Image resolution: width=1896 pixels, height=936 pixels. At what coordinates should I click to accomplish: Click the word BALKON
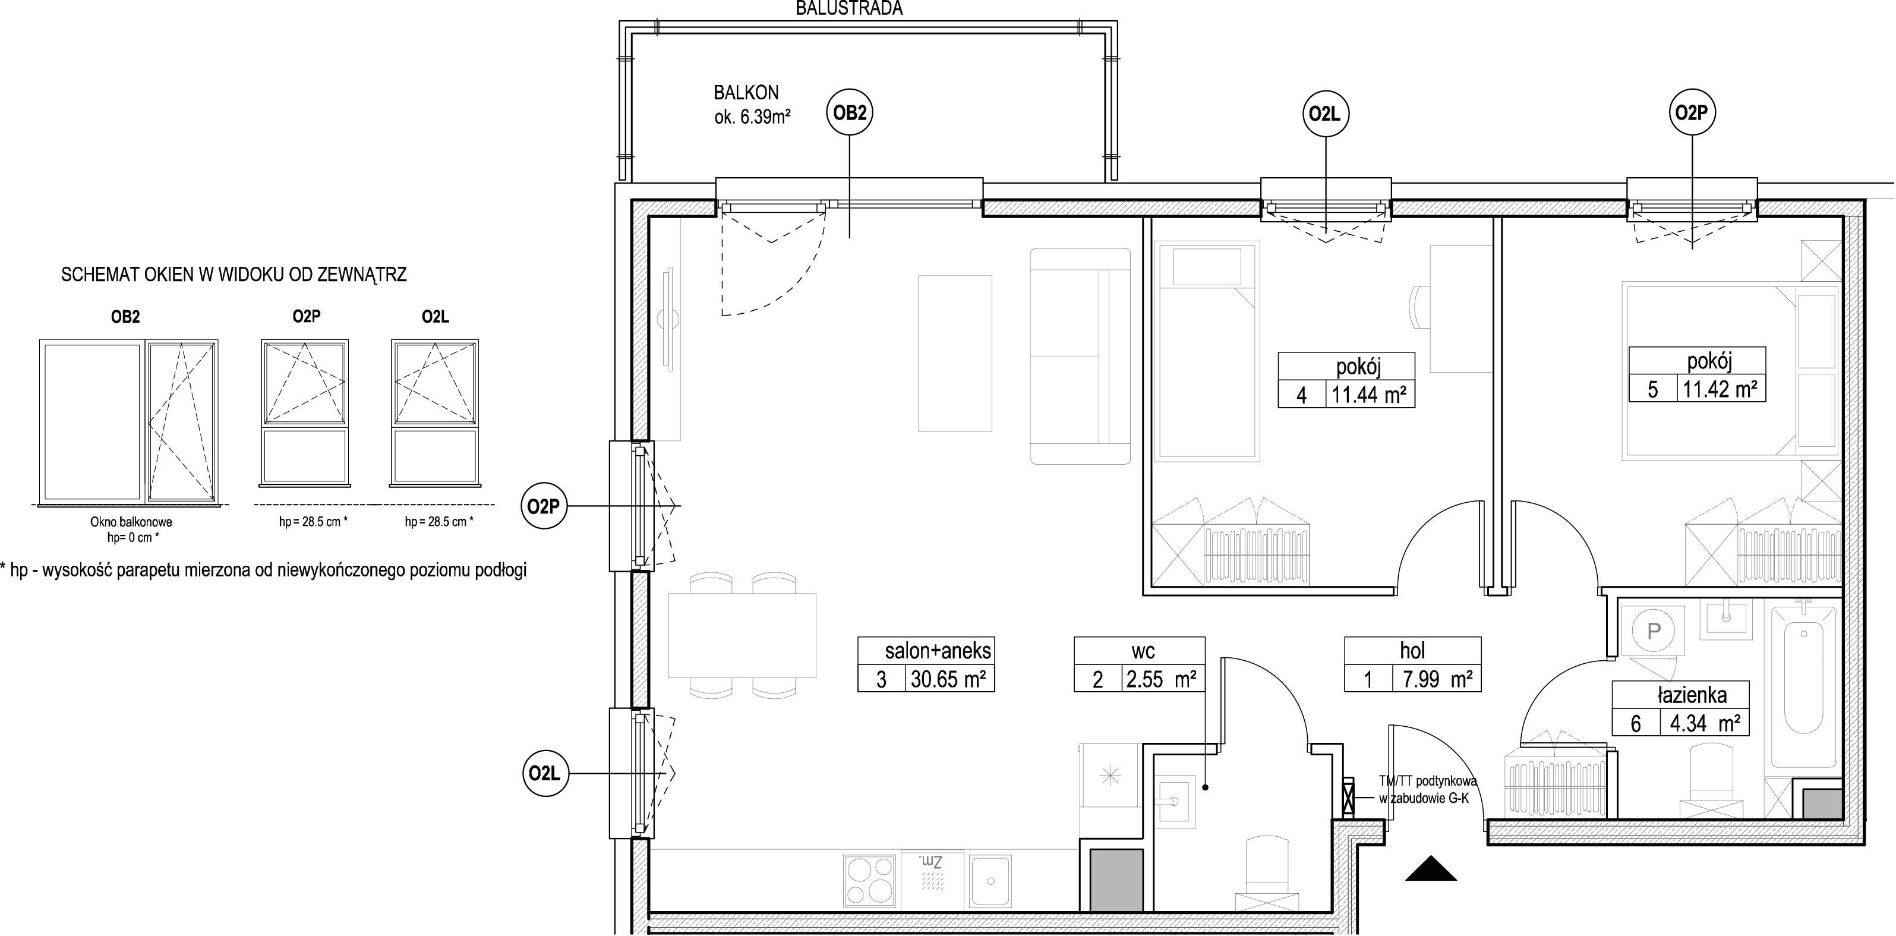(746, 93)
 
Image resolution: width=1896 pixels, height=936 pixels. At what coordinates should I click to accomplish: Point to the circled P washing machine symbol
(1653, 631)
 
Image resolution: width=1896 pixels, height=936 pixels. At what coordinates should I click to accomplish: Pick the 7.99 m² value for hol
(1436, 678)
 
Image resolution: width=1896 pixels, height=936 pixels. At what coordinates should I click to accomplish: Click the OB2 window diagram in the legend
(129, 422)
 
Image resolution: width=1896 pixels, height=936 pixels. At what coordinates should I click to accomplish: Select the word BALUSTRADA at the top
(850, 8)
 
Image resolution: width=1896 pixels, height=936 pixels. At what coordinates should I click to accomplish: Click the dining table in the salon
(742, 635)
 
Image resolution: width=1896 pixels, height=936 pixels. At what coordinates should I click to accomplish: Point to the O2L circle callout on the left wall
(545, 773)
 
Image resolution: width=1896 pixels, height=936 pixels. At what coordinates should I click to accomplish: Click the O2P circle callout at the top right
(1692, 113)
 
